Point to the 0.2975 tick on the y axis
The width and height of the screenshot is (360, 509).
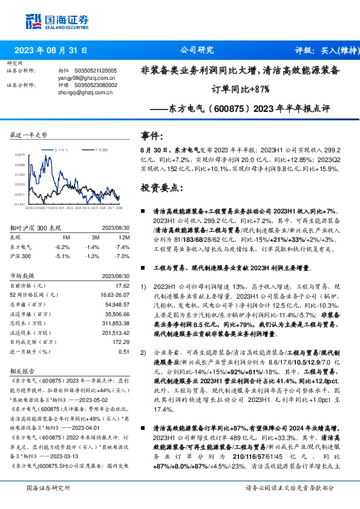(x=19, y=155)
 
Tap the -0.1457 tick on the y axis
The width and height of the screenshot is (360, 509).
(x=19, y=204)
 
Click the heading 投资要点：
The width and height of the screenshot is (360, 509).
(x=161, y=188)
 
